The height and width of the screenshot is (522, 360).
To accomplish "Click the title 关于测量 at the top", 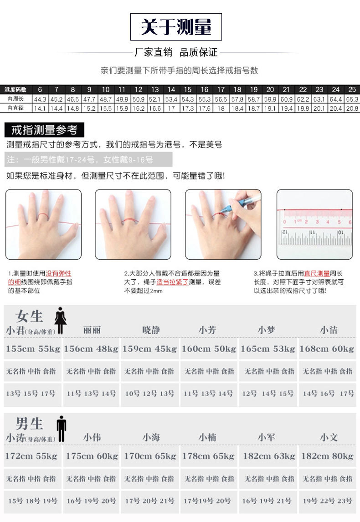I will [176, 27].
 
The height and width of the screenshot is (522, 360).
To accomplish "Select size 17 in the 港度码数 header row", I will [221, 89].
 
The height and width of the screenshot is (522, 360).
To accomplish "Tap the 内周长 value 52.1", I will [155, 99].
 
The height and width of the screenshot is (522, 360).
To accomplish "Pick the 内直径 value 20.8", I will [352, 108].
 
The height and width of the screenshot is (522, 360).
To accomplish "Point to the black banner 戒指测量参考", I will [44, 130].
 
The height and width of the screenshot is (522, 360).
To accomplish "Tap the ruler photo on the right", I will [314, 224].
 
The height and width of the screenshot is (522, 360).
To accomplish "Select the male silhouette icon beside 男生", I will [61, 428].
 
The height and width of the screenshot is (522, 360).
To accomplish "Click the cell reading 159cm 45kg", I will [149, 349].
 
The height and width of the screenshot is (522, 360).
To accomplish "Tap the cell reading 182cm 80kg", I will [327, 456].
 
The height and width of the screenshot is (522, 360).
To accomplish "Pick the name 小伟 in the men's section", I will [92, 438].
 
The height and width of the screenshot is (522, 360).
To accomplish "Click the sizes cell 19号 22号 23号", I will [327, 501].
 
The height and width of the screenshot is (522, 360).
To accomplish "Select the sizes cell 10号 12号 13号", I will [149, 394].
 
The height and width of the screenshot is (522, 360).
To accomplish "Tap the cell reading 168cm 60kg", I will [327, 349].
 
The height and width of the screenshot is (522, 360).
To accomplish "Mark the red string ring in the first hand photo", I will [43, 216].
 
